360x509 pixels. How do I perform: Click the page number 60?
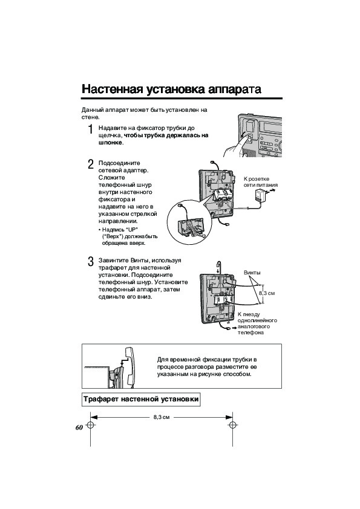[x=79, y=427]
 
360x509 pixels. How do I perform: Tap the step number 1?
[x=91, y=129]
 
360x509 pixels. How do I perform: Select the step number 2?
[x=91, y=164]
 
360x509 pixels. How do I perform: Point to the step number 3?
[x=91, y=262]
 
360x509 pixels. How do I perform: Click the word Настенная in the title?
[x=112, y=89]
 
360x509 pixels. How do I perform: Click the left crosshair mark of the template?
[x=90, y=426]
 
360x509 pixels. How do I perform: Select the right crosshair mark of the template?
[x=232, y=426]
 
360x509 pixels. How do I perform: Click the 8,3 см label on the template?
[x=162, y=417]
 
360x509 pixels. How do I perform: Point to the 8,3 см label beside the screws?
[x=267, y=293]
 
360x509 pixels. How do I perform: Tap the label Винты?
[x=252, y=273]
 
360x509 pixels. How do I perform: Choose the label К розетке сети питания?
[x=261, y=182]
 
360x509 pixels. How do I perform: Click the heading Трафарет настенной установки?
[x=141, y=399]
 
